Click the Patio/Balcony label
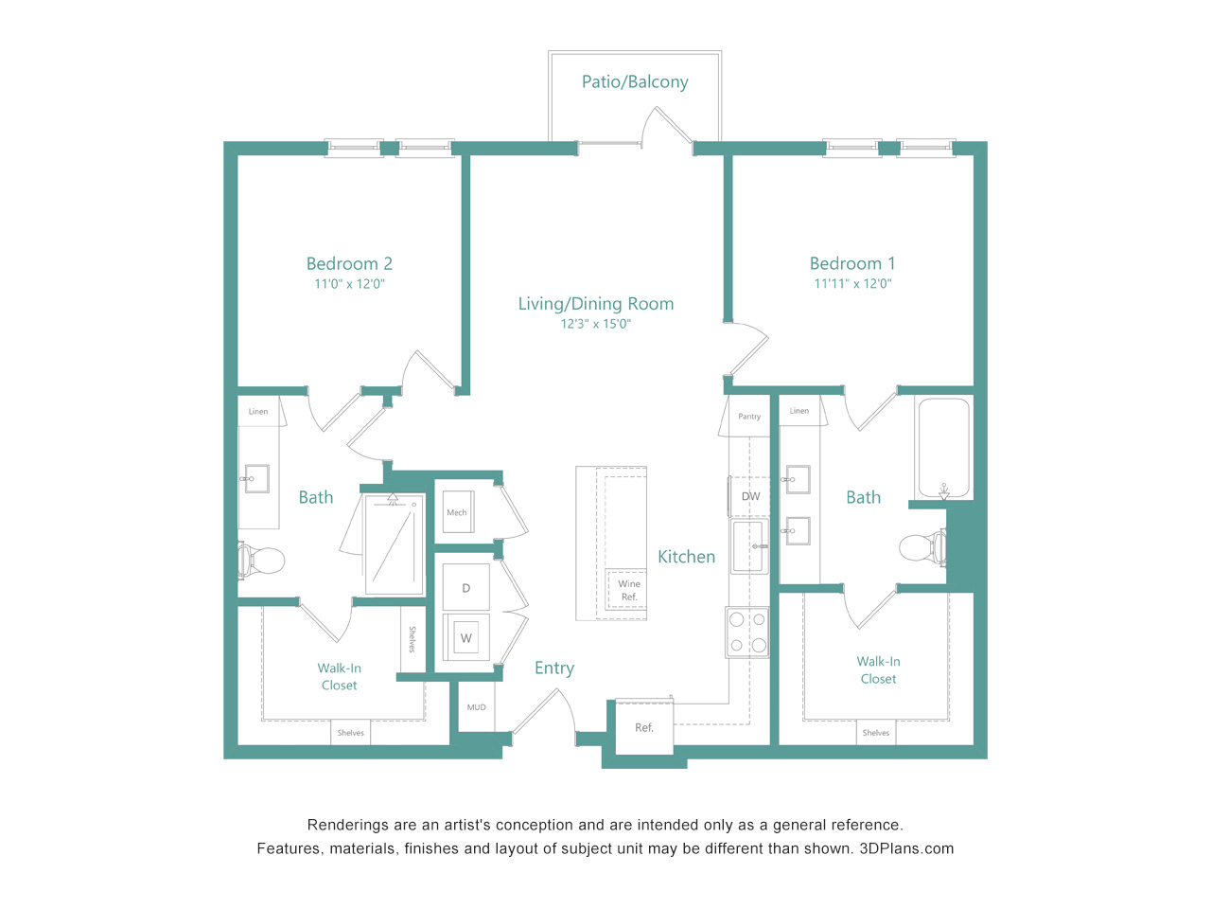tap(635, 81)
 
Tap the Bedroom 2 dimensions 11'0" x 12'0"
tap(349, 284)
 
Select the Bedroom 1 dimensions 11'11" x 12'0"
tap(852, 283)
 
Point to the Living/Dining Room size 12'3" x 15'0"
tap(595, 324)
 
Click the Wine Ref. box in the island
tap(626, 590)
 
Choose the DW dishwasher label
tap(750, 496)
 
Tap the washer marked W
tap(466, 637)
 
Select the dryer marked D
tap(466, 587)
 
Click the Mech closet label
tap(457, 512)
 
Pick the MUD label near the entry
tap(476, 707)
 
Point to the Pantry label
tap(749, 416)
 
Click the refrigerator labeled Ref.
tap(644, 727)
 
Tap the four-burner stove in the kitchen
tap(747, 632)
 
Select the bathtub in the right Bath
tap(943, 448)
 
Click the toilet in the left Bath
tap(260, 561)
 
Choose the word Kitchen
tap(686, 557)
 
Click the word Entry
tap(554, 668)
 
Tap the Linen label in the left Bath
tap(258, 411)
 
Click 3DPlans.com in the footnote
tap(906, 848)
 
